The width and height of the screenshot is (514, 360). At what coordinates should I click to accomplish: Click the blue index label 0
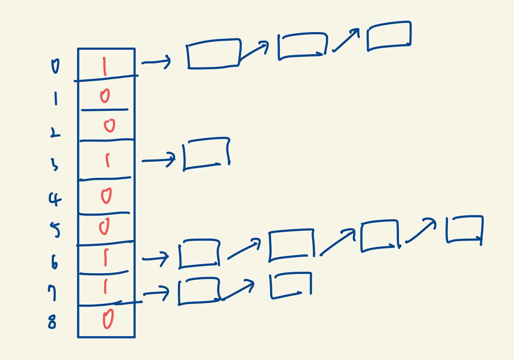coord(55,67)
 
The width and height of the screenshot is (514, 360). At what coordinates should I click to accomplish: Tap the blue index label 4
coord(55,199)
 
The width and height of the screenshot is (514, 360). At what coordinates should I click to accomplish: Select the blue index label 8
coord(52,322)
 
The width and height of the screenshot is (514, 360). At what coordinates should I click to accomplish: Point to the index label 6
coord(54,262)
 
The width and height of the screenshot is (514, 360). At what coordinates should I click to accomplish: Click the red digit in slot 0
coord(104,67)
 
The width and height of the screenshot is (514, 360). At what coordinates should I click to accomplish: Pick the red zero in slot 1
coord(105,96)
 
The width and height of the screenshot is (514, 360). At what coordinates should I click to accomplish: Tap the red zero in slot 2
coord(109,125)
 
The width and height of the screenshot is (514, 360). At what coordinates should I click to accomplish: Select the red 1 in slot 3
coord(107,161)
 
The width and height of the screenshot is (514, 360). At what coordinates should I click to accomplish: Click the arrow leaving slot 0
coord(156,62)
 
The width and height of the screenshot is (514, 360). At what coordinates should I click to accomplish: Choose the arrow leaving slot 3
coord(159,160)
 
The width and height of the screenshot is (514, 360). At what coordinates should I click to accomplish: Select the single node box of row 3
coord(206,154)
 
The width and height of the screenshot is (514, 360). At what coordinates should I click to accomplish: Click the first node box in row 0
coord(213,54)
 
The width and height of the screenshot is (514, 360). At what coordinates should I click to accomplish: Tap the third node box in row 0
coord(389,36)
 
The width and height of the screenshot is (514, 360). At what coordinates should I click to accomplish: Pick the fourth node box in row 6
coord(464,229)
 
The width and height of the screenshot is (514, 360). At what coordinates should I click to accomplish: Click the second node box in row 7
coord(291,285)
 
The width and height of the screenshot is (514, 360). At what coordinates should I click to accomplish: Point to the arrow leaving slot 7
coord(156,293)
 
